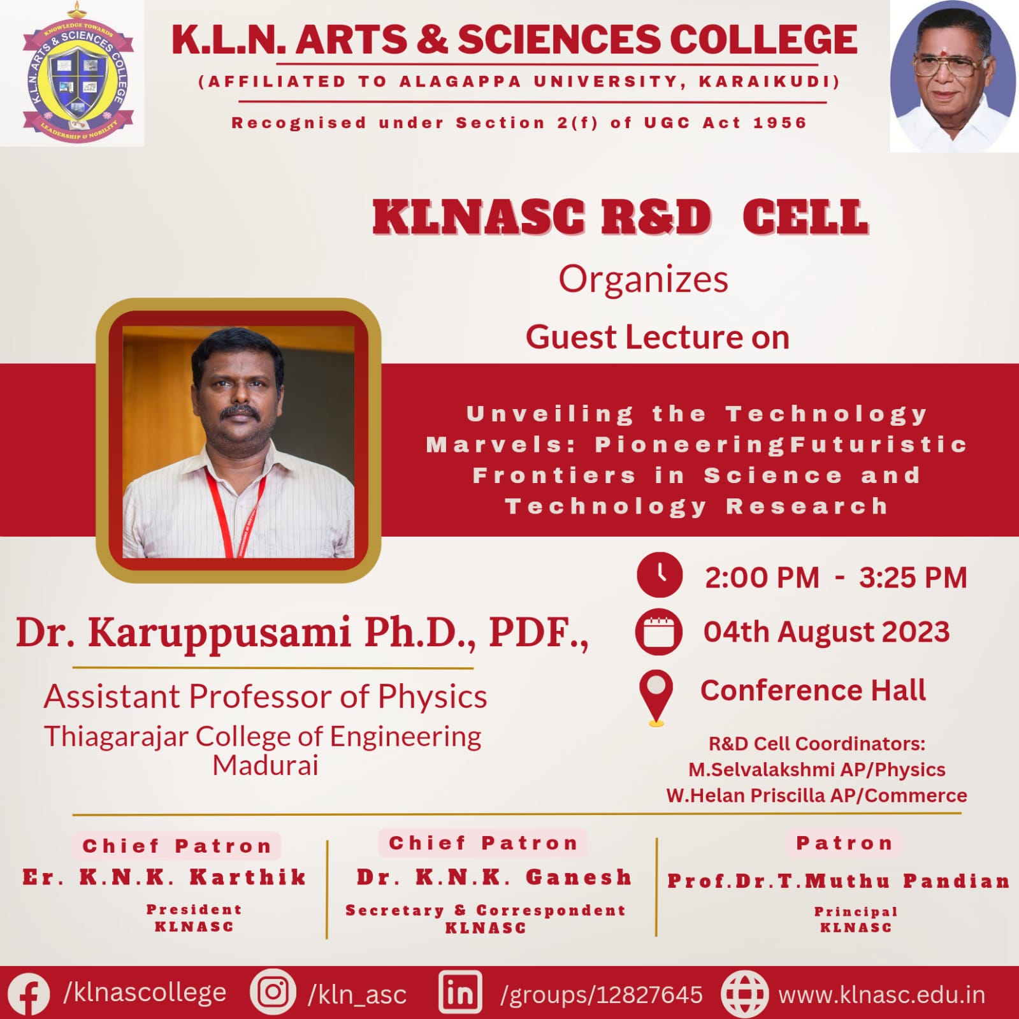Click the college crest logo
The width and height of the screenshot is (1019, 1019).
point(78,72)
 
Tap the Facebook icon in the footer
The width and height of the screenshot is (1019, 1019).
point(28,994)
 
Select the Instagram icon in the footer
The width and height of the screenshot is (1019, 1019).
point(273,992)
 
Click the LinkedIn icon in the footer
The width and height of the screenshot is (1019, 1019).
point(459,992)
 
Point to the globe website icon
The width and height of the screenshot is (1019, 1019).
point(744,994)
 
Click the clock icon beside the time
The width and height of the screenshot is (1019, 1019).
point(660,575)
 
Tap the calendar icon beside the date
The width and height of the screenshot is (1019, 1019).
point(658,632)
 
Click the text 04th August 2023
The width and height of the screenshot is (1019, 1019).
point(827,632)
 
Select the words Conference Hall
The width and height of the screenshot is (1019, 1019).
point(813,690)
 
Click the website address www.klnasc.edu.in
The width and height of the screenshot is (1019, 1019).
point(882,994)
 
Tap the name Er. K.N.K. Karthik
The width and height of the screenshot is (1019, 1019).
point(164,877)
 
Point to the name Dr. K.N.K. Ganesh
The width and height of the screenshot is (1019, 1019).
point(494,877)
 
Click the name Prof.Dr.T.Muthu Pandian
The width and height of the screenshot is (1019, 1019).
point(839,881)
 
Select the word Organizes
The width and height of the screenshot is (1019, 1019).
point(644,280)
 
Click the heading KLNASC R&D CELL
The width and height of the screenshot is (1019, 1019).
point(620,217)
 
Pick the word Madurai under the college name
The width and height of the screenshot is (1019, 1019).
point(265,765)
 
